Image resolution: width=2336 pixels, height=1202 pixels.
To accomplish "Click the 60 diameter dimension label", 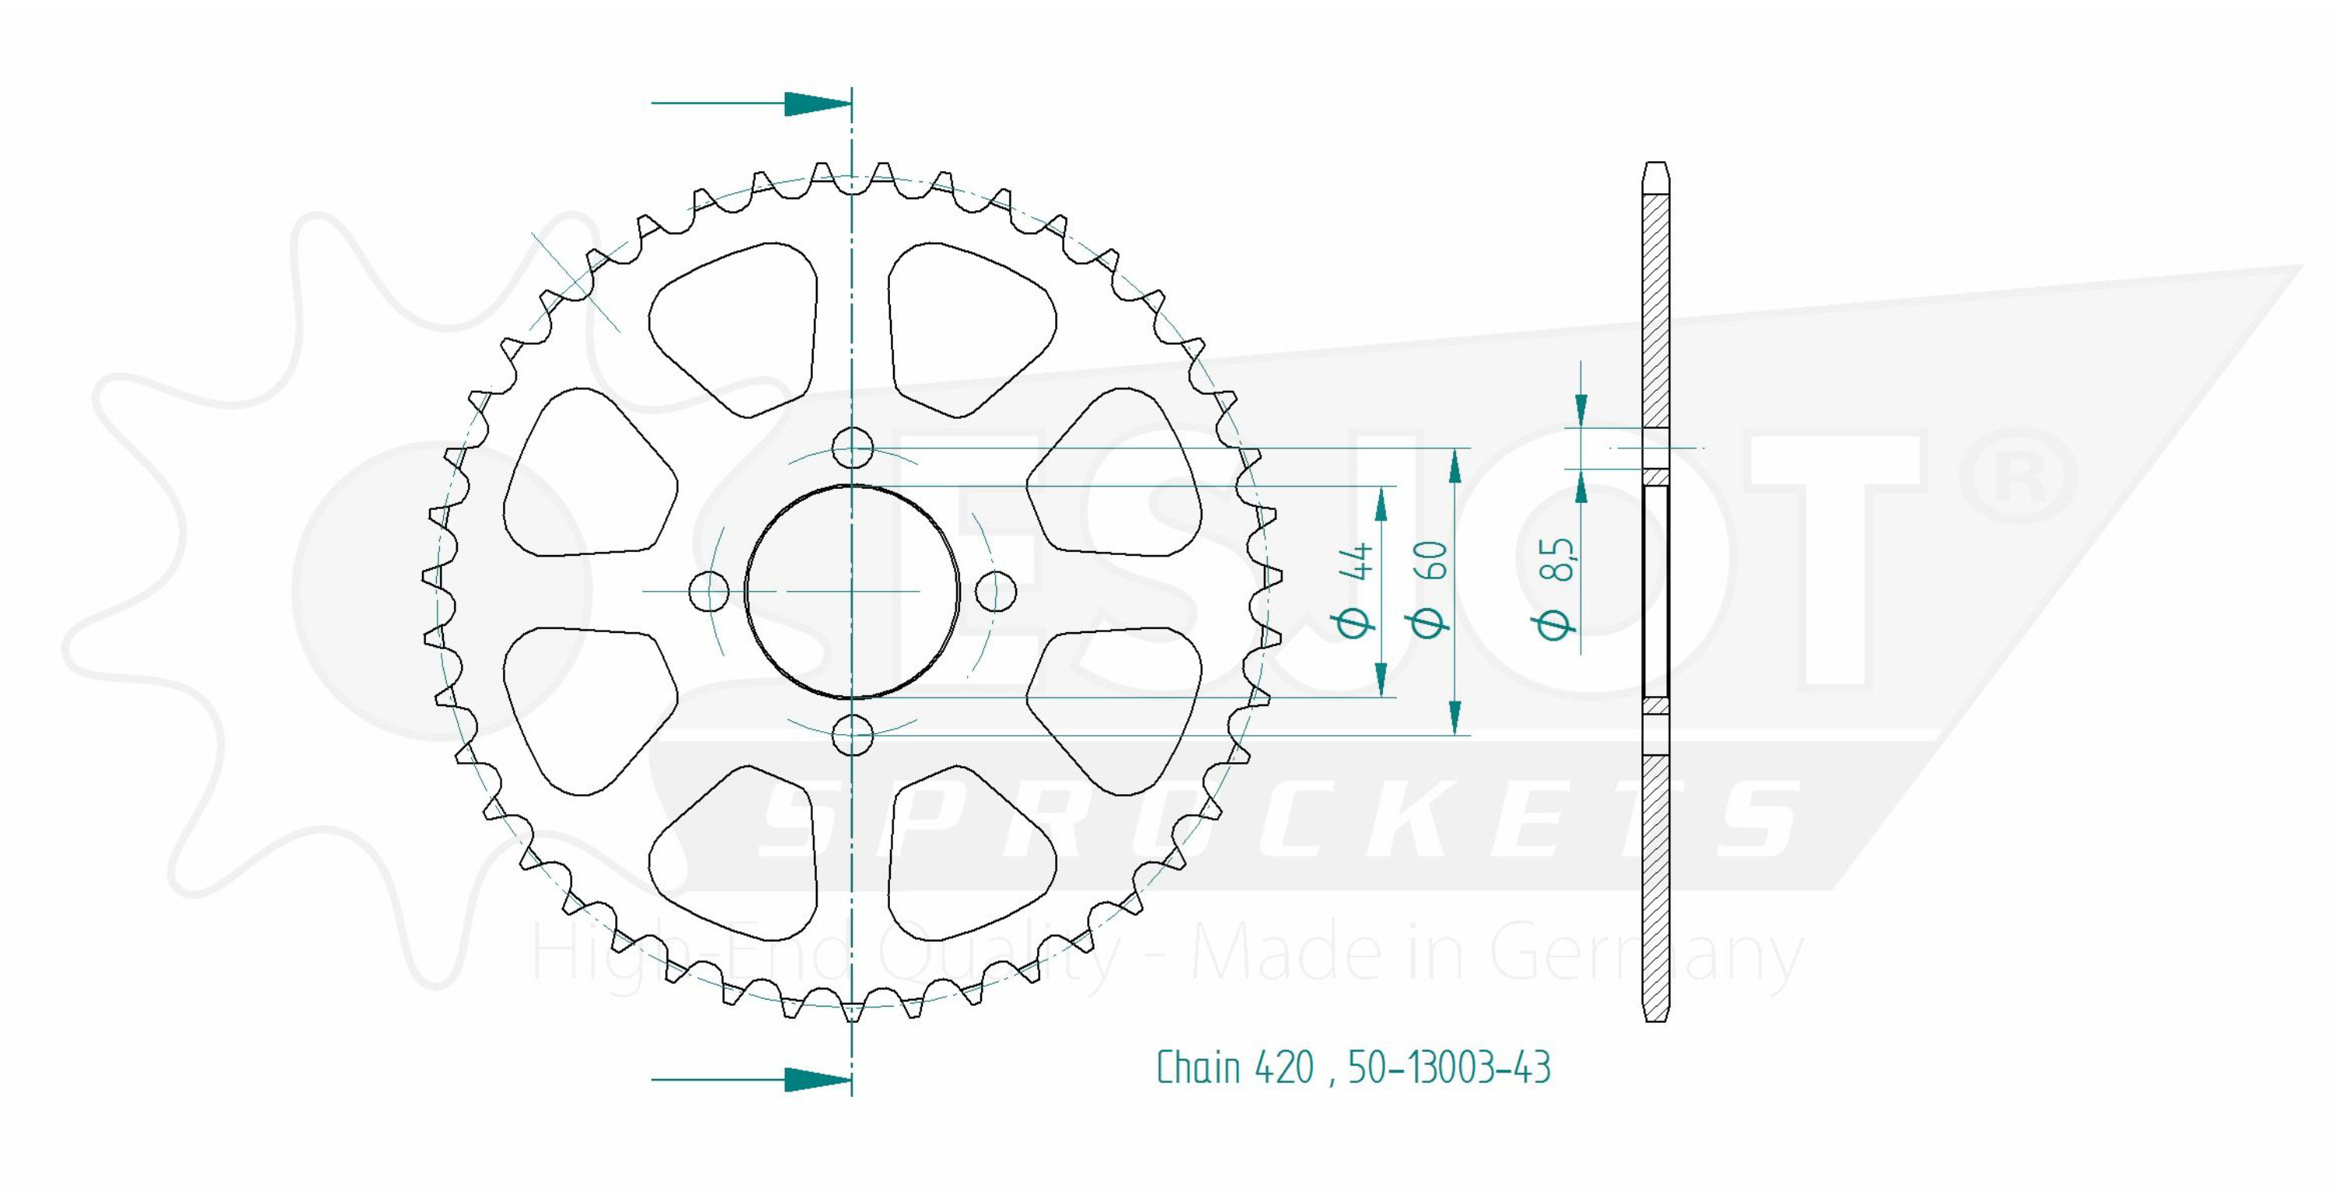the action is click(1428, 589).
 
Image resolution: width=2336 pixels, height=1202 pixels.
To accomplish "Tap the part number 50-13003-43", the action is click(1449, 1068).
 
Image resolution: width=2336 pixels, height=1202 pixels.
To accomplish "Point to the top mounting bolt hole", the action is click(853, 448).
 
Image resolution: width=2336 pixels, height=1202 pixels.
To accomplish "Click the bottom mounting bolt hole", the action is click(853, 734).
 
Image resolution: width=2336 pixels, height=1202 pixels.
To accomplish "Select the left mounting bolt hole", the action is click(709, 591).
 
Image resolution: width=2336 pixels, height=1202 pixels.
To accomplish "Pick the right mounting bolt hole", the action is click(996, 591).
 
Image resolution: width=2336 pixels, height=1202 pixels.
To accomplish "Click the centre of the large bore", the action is click(853, 591).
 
